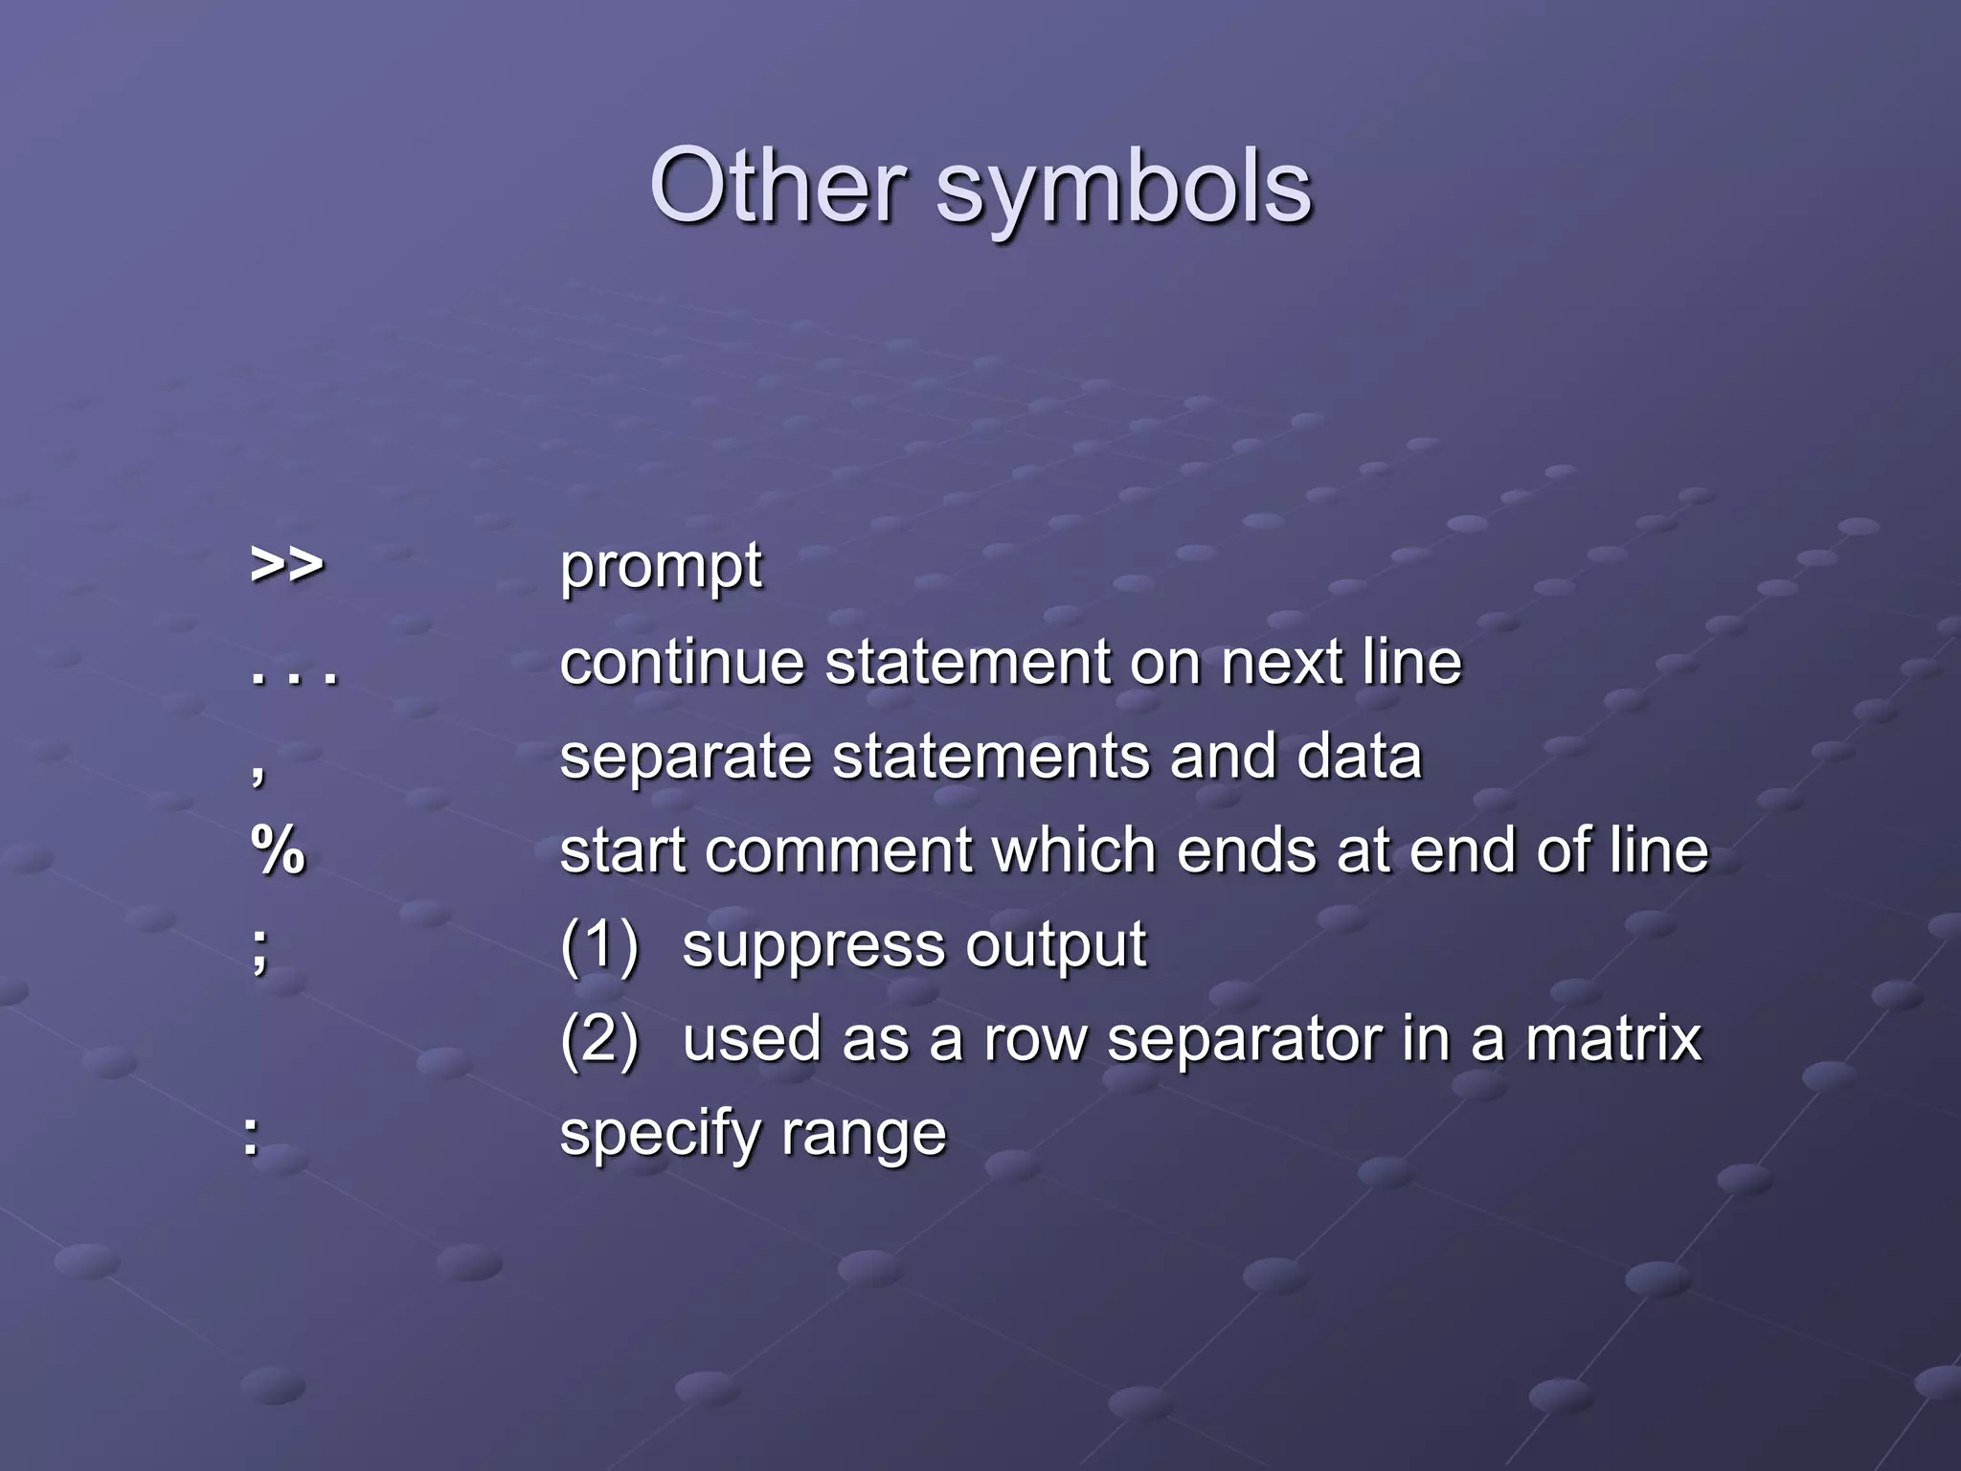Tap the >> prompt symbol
pos(286,565)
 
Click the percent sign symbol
pos(278,850)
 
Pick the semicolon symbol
pos(259,949)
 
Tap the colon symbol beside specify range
pos(251,1137)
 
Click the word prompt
pos(661,567)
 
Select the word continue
pos(682,662)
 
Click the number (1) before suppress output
pos(599,945)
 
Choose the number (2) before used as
pos(599,1039)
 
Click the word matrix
pos(1613,1039)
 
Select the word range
pos(864,1136)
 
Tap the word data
pos(1359,758)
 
